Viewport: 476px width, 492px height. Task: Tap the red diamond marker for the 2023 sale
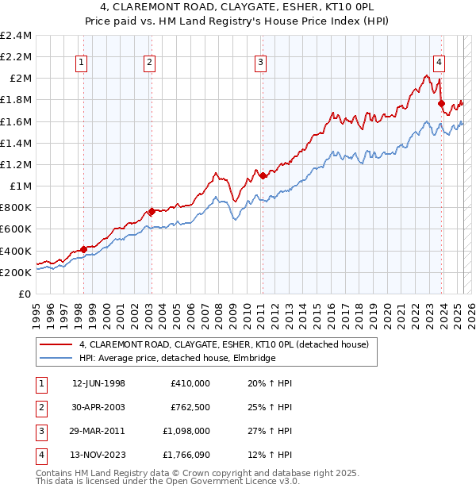pyautogui.click(x=441, y=102)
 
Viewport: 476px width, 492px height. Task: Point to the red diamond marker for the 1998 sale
pyautogui.click(x=83, y=249)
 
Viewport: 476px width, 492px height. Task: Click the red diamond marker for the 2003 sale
pyautogui.click(x=151, y=211)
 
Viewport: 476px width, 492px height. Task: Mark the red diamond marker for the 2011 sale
pyautogui.click(x=262, y=175)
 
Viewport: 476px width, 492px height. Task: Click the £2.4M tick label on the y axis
pyautogui.click(x=17, y=36)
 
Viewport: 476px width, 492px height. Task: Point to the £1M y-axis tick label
pyautogui.click(x=21, y=186)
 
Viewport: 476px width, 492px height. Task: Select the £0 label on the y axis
pyautogui.click(x=25, y=294)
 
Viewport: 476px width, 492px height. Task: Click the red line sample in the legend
pyautogui.click(x=56, y=345)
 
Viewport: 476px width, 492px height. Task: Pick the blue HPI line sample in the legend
pyautogui.click(x=56, y=358)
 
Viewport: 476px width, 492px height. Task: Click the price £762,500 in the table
pyautogui.click(x=190, y=406)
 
